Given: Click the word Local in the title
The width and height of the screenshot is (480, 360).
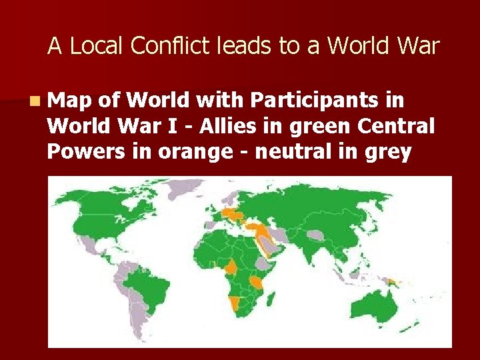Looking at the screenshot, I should tap(97, 46).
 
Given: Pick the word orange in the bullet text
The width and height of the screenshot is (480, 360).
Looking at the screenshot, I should tap(189, 152).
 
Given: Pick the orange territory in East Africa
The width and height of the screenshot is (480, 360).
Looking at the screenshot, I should tap(257, 284).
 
